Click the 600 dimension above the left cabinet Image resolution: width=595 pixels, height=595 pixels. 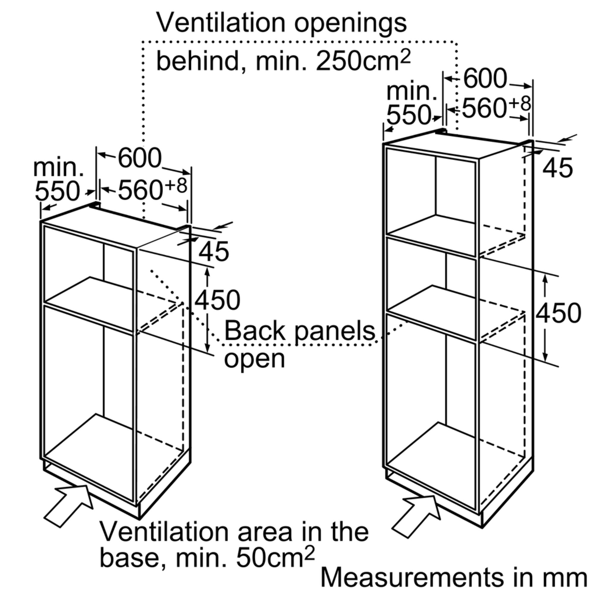pyautogui.click(x=140, y=158)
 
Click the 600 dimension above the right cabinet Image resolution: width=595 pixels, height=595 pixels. pyautogui.click(x=485, y=79)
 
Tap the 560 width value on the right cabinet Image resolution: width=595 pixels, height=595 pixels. pyautogui.click(x=484, y=108)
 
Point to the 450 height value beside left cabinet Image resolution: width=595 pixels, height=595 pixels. pyautogui.click(x=217, y=300)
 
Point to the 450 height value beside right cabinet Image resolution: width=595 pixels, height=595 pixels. pyautogui.click(x=558, y=313)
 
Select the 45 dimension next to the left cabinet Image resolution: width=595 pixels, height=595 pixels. pyautogui.click(x=214, y=251)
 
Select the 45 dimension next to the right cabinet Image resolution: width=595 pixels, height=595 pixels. pyautogui.click(x=558, y=168)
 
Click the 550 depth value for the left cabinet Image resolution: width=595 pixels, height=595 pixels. pyautogui.click(x=57, y=191)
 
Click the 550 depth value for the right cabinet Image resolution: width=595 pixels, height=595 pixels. pyautogui.click(x=408, y=115)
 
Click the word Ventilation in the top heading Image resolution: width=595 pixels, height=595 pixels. pyautogui.click(x=220, y=23)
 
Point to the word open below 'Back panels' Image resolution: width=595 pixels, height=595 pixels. pyautogui.click(x=254, y=358)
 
